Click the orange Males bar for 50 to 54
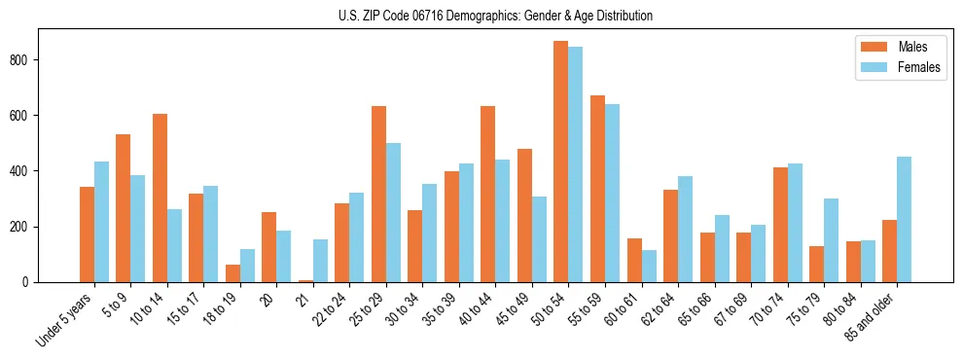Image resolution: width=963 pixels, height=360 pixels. [561, 162]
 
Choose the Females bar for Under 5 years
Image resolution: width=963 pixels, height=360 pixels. [101, 222]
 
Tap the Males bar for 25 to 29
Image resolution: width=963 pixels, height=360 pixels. [378, 194]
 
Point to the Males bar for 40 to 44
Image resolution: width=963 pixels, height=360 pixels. [488, 194]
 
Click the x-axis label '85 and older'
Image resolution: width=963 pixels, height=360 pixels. [880, 317]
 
